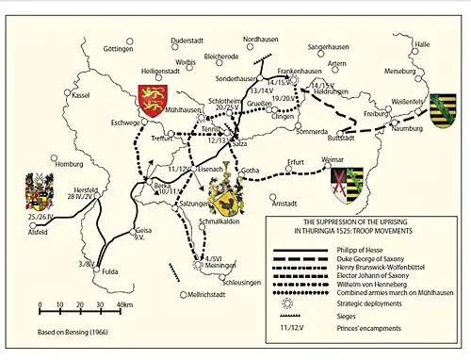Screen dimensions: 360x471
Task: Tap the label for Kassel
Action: (81, 95)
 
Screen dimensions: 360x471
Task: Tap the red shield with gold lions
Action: (152, 96)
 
